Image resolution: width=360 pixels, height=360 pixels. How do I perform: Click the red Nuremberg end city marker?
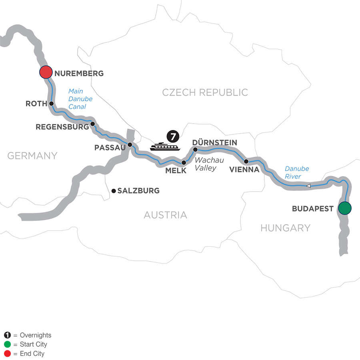[46, 72]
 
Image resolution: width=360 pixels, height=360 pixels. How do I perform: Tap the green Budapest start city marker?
[344, 208]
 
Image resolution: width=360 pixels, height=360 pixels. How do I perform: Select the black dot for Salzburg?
[114, 191]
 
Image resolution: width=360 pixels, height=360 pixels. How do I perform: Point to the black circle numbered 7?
[172, 137]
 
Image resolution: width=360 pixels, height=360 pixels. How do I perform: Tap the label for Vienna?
[244, 170]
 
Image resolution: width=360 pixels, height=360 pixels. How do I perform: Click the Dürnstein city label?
[214, 142]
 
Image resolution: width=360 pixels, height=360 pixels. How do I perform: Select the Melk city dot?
[184, 162]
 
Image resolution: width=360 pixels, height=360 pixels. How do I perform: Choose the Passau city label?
[109, 148]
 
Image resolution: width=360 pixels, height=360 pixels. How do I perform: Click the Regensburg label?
[62, 127]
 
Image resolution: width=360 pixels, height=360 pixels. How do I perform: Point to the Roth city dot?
[52, 103]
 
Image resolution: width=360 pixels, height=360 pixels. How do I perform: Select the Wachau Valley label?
[206, 164]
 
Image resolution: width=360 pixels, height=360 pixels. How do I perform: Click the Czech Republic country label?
[205, 92]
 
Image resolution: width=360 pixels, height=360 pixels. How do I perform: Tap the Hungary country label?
[285, 228]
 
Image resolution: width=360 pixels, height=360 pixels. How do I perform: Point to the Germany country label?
[32, 156]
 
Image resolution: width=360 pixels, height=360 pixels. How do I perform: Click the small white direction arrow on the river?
[308, 186]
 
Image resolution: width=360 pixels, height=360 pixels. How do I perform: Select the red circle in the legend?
[7, 354]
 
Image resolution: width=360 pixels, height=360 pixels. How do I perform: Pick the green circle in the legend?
[7, 344]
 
